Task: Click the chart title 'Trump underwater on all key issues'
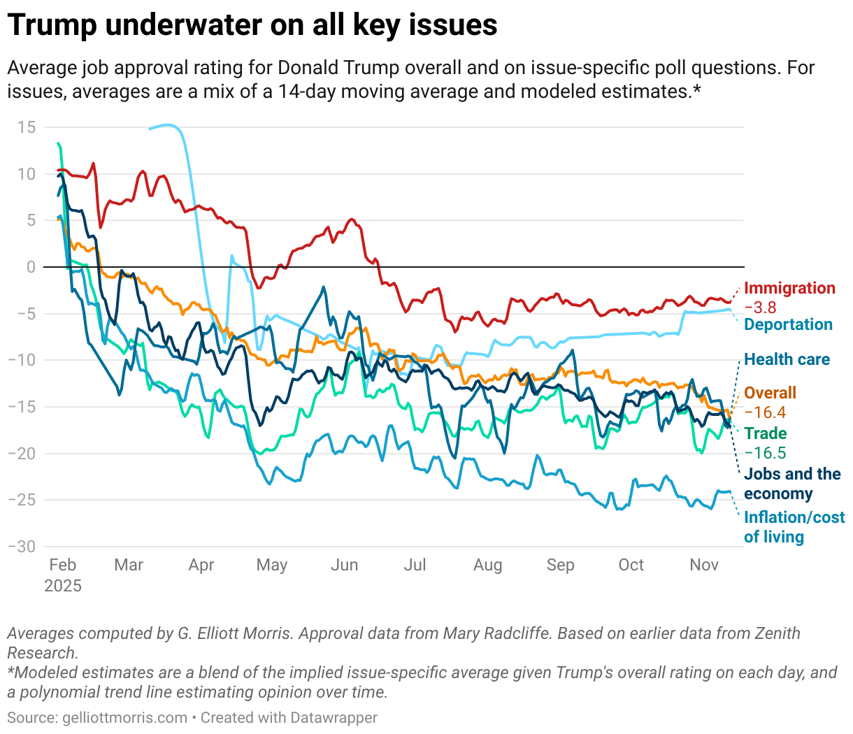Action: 252,25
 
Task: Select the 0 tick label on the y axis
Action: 31,267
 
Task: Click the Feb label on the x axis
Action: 63,565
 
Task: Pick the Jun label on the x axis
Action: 344,565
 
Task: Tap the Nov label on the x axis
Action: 704,565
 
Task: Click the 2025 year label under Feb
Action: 63,586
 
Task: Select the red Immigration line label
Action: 789,288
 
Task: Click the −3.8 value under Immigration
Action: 760,308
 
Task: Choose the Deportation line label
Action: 788,324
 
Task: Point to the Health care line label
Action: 787,359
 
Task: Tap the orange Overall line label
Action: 770,393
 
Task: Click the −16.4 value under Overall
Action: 765,412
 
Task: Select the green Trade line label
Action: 765,433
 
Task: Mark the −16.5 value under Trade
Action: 765,453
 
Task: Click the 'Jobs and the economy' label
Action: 791,484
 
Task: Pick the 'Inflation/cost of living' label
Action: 794,527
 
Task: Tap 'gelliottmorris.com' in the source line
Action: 124,718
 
